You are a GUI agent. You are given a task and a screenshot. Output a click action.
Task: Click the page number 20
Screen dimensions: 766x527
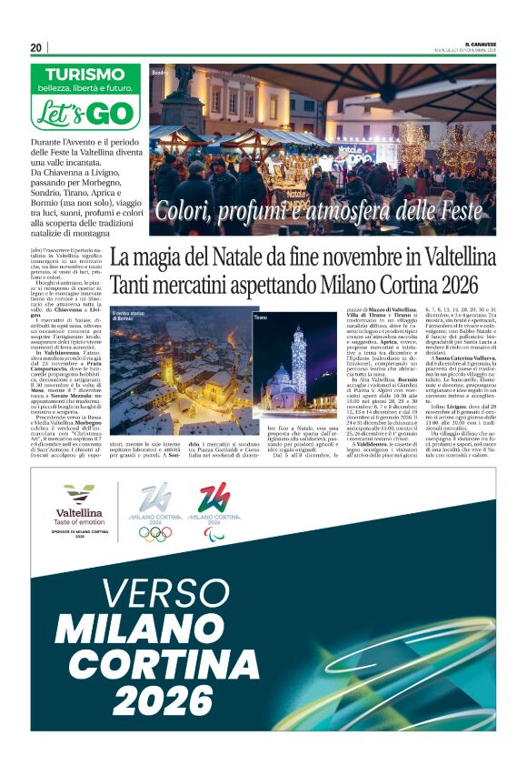point(35,47)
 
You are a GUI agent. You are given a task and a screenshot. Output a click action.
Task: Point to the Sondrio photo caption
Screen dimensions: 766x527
point(161,71)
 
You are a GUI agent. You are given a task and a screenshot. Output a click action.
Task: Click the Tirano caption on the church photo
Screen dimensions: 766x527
point(261,317)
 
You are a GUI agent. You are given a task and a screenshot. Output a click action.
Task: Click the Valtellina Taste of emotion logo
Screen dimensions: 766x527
point(79,508)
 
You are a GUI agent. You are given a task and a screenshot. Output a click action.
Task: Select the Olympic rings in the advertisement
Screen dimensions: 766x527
point(154,534)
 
